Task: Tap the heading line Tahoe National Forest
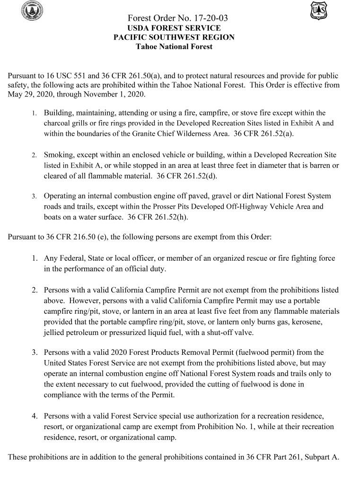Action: pyautogui.click(x=174, y=46)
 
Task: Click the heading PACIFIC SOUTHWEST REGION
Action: pyautogui.click(x=174, y=37)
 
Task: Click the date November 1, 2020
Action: pyautogui.click(x=119, y=94)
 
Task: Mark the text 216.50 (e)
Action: pyautogui.click(x=90, y=237)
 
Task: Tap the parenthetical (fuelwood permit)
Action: pyautogui.click(x=268, y=352)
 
